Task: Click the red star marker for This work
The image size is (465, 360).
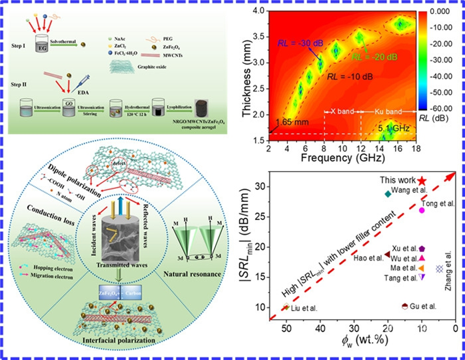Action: pos(422,181)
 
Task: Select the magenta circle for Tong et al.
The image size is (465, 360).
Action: pos(422,210)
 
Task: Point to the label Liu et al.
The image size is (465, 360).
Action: pos(304,308)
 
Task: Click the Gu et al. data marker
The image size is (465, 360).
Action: pos(404,306)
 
